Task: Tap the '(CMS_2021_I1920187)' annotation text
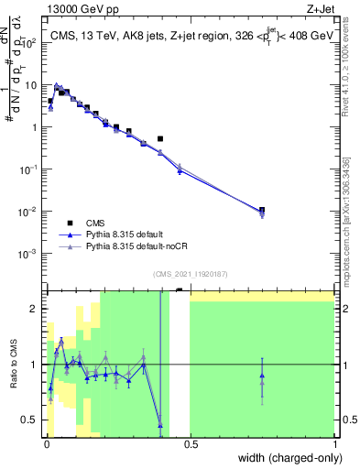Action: click(x=190, y=273)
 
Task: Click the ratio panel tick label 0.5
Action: click(x=32, y=420)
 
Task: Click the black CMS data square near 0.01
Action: click(x=50, y=101)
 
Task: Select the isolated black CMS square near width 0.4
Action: click(x=160, y=139)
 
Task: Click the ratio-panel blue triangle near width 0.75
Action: click(x=262, y=376)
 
